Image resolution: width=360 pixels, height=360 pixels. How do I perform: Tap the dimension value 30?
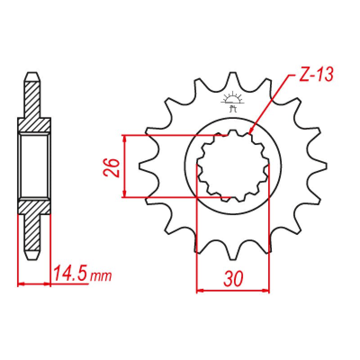[233, 279]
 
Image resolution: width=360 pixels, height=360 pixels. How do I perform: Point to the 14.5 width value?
[70, 274]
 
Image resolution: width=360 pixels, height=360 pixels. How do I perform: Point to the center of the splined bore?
[233, 165]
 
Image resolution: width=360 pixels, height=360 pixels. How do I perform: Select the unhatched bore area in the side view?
[34, 166]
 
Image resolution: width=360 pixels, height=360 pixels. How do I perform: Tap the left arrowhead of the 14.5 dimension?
[20, 284]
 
